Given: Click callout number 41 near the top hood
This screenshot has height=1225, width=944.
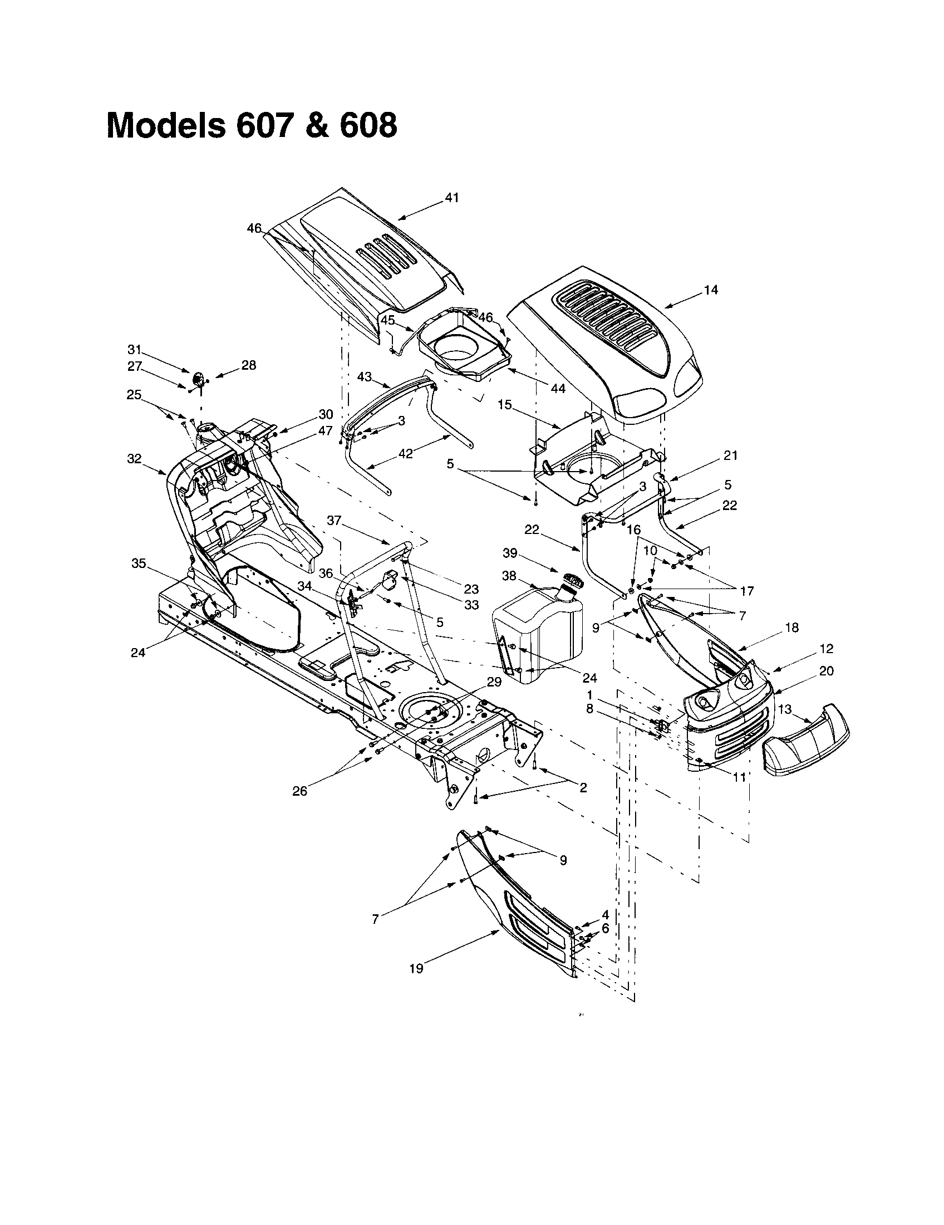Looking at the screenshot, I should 452,198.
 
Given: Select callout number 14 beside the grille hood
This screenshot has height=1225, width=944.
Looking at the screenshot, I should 711,290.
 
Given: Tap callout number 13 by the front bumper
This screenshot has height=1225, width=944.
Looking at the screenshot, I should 785,709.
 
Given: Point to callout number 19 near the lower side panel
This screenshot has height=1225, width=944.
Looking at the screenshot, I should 416,968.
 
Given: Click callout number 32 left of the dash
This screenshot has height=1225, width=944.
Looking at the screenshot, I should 134,458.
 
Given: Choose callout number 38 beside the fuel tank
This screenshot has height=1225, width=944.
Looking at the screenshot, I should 509,575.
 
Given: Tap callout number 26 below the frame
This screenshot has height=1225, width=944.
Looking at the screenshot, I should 300,791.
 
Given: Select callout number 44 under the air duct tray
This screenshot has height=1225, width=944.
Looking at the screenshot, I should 558,388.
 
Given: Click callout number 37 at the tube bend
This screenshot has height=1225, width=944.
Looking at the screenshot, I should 334,521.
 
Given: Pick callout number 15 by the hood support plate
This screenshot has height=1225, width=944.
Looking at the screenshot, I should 504,404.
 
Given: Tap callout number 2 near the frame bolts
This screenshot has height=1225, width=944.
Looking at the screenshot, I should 583,787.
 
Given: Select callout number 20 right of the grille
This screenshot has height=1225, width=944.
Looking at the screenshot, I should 827,671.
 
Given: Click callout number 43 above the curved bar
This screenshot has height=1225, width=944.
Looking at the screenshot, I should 365,377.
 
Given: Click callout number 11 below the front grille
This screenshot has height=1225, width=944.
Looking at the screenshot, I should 739,777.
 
